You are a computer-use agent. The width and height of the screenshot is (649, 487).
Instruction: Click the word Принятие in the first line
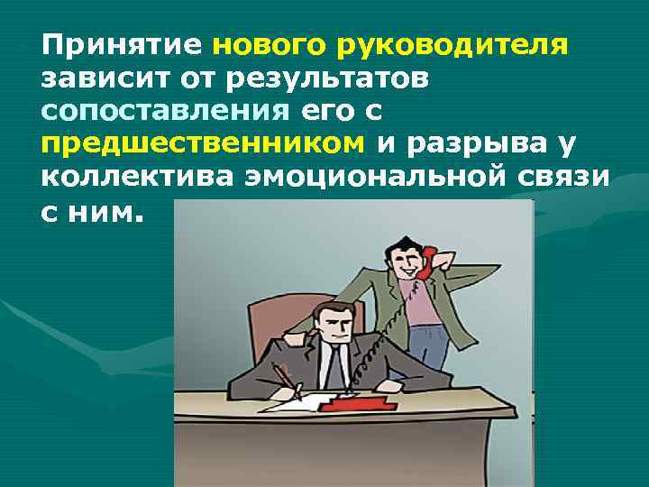122,45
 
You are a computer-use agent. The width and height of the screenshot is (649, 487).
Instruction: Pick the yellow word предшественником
203,144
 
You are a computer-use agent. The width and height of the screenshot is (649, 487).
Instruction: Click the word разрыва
474,144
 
